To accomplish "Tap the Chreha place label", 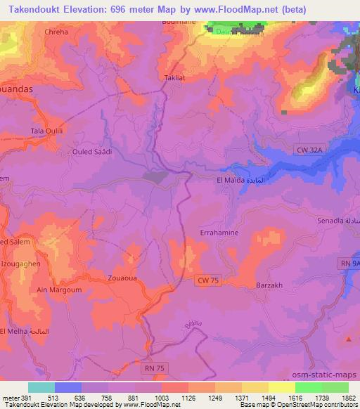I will click(x=56, y=32).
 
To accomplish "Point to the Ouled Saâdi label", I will click(x=93, y=151).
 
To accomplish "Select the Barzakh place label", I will click(x=268, y=286).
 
